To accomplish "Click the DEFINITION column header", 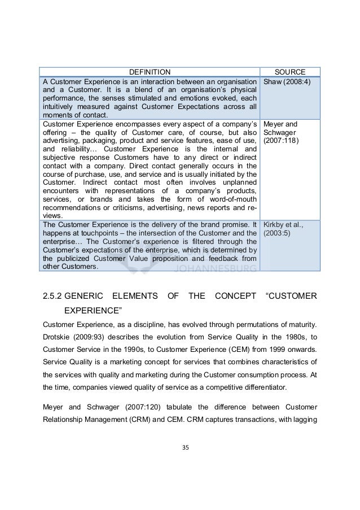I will click(x=149, y=72).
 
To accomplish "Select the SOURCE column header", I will click(x=289, y=72).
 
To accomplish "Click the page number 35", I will click(x=180, y=447).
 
